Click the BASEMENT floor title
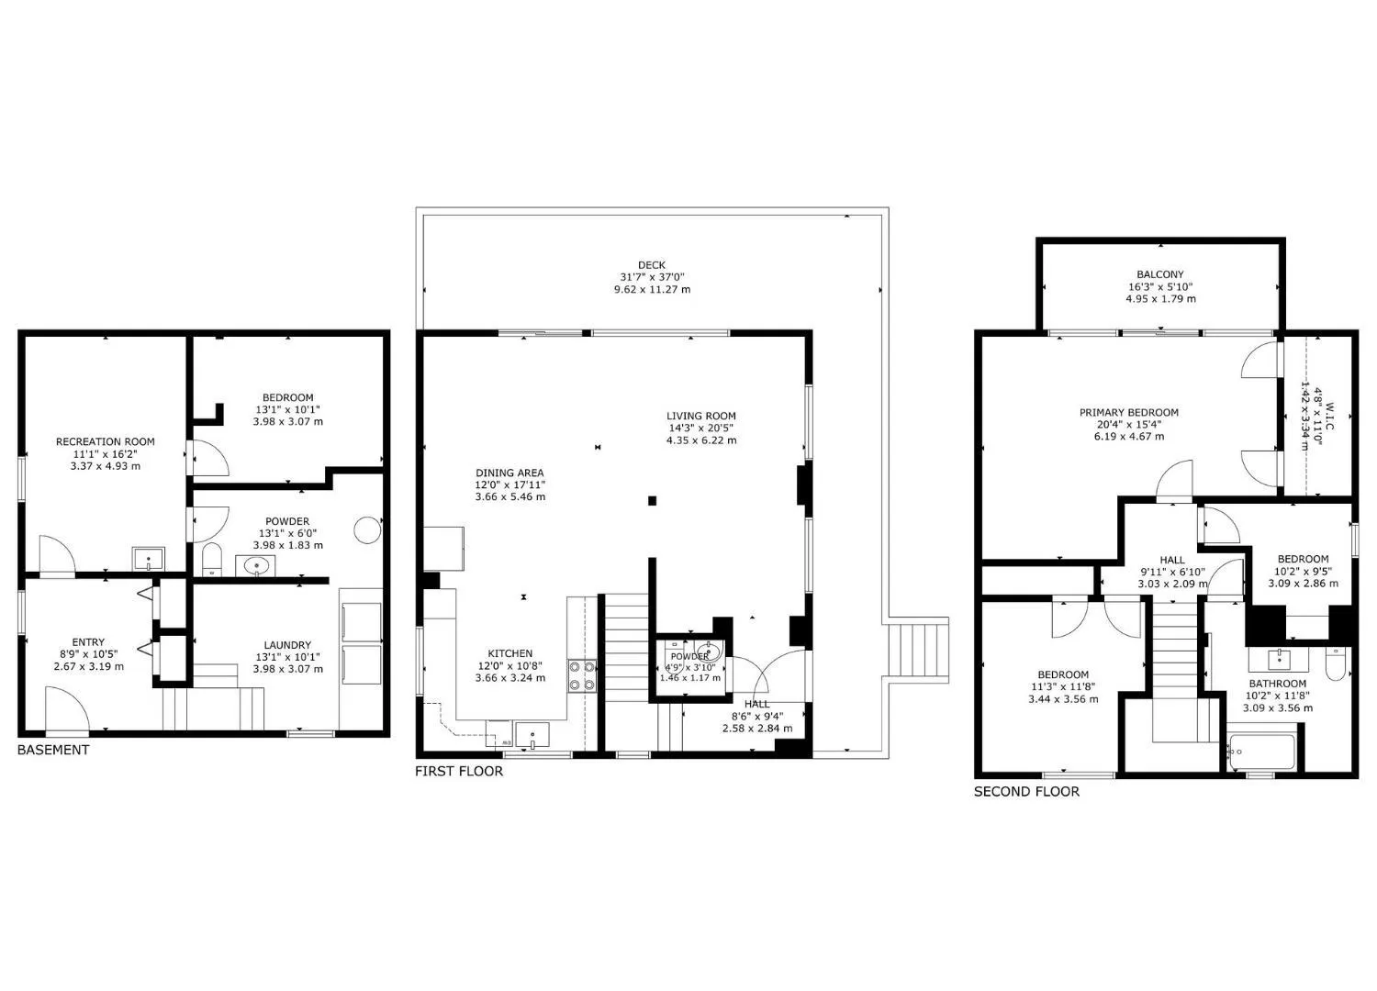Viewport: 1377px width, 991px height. pos(53,750)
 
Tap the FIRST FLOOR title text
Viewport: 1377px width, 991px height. pos(459,771)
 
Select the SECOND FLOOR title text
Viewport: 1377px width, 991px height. pos(1026,791)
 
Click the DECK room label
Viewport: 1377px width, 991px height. pos(652,265)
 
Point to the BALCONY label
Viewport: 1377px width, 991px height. pos(1160,274)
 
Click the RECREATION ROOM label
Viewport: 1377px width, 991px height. pos(106,441)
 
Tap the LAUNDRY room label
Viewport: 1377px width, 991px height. pos(287,645)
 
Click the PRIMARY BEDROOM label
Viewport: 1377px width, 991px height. pos(1128,413)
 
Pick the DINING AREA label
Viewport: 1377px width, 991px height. pos(509,473)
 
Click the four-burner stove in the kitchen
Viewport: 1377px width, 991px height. pos(581,675)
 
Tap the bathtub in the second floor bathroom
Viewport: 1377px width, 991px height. pos(1261,752)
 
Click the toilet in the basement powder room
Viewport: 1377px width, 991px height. pos(211,559)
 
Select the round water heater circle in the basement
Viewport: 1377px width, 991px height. pos(367,529)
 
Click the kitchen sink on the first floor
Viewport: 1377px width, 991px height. pos(532,735)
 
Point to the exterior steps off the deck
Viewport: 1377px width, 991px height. pos(916,650)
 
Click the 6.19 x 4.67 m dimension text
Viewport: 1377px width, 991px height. pos(1128,437)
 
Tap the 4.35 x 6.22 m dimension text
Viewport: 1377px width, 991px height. pos(701,440)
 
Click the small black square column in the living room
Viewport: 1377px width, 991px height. pos(652,501)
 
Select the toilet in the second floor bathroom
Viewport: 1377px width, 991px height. pos(1335,663)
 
